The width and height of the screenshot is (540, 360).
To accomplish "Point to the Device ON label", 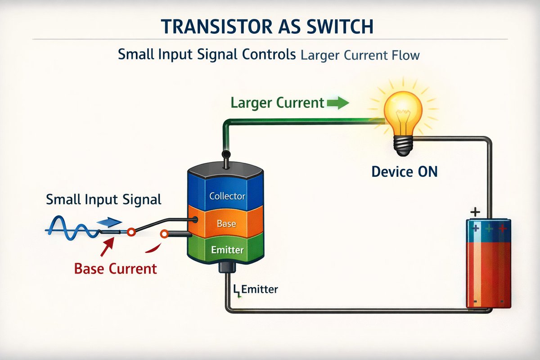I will pyautogui.click(x=404, y=171).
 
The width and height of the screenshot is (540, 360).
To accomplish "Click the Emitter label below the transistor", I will pyautogui.click(x=259, y=289).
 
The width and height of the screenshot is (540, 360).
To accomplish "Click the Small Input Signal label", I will pyautogui.click(x=103, y=199).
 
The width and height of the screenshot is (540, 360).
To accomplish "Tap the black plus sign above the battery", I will pyautogui.click(x=475, y=211).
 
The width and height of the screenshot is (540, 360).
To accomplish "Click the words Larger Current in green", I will pyautogui.click(x=277, y=103).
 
